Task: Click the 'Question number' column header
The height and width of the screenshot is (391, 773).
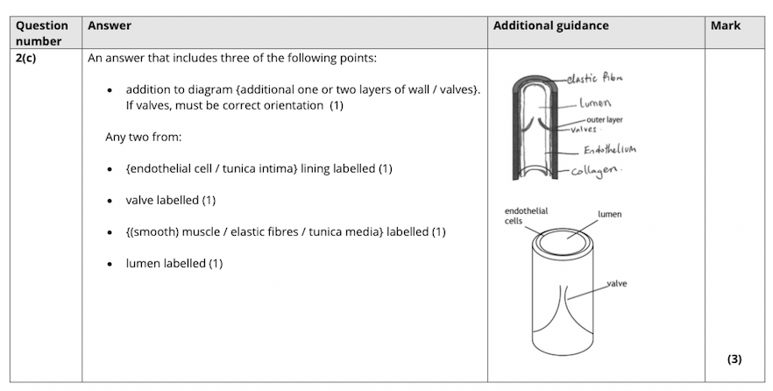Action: [x=41, y=32]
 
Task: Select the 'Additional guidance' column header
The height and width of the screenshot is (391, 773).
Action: [x=550, y=25]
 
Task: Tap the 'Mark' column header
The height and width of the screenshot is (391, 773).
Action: [x=725, y=25]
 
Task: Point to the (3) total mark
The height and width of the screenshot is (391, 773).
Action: [x=734, y=359]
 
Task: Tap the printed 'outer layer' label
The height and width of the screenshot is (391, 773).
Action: [x=604, y=120]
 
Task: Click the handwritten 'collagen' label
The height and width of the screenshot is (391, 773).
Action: [x=599, y=169]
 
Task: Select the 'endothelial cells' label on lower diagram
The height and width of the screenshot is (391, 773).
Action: [x=526, y=216]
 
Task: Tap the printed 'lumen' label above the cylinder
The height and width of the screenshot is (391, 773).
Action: [x=610, y=214]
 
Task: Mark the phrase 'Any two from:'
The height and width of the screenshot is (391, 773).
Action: [x=143, y=137]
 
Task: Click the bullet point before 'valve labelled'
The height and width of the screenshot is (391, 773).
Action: [x=110, y=201]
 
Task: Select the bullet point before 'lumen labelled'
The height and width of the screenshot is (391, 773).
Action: [x=110, y=264]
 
